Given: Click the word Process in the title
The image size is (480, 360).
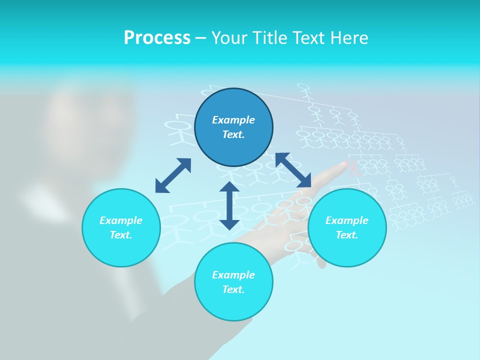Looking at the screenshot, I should [x=157, y=38].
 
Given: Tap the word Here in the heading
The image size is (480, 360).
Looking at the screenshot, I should [x=348, y=38].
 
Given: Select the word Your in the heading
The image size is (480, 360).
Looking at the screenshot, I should [x=229, y=38].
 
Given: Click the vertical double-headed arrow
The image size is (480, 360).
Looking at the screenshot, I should [x=229, y=205].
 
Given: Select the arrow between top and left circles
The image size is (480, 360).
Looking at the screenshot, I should [x=173, y=175].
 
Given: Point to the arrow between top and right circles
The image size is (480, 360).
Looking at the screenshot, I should [x=293, y=170].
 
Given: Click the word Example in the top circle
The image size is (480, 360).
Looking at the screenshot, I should [x=233, y=120].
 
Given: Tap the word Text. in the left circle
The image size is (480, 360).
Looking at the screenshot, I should [x=121, y=235].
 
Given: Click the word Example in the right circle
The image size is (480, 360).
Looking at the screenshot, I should [x=347, y=220].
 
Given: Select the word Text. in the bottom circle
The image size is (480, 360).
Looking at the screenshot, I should [x=233, y=289].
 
